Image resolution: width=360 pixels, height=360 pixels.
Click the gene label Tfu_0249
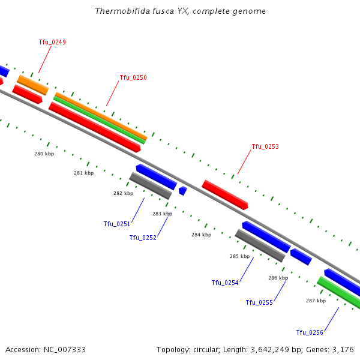[x=52, y=42]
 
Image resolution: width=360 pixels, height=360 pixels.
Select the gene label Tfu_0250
[x=133, y=77]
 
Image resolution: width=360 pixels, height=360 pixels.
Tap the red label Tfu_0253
[x=265, y=146]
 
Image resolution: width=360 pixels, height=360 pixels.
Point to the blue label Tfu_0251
[x=116, y=224]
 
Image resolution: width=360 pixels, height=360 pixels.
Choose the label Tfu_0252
[x=143, y=238]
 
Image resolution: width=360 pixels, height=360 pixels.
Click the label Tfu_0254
[x=225, y=283]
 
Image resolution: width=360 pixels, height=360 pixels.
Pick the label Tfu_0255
[x=259, y=302]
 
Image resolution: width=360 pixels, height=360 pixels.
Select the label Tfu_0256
[x=310, y=332]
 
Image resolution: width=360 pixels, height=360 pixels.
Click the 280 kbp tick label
[x=44, y=154]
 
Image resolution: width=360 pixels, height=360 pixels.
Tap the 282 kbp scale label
[x=123, y=193]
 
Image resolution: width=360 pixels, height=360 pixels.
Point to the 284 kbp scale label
[x=201, y=235]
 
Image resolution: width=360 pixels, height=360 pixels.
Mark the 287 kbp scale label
[x=316, y=301]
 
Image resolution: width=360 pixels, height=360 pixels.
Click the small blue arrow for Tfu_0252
[x=182, y=191]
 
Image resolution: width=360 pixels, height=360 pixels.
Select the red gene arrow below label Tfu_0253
[x=225, y=194]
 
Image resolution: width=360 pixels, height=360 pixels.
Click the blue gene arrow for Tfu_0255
[x=301, y=257]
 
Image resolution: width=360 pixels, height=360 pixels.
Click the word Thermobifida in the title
[x=119, y=11]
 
